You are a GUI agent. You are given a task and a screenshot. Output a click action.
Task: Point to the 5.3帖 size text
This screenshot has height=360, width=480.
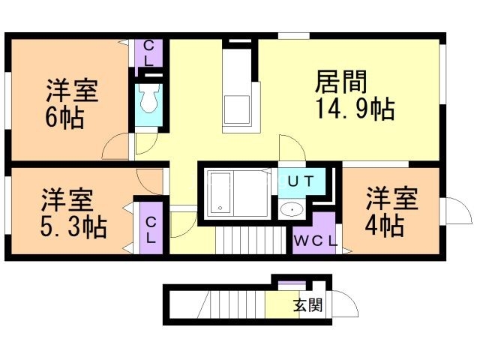[73, 226]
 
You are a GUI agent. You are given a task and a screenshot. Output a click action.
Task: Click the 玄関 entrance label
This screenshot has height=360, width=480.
[307, 305]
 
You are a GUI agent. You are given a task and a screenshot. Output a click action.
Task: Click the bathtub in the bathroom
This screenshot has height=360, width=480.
[222, 193]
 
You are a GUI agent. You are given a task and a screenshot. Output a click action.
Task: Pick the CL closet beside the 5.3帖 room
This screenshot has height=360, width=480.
[150, 229]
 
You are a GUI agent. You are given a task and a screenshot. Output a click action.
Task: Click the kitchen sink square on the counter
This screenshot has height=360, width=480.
[239, 109]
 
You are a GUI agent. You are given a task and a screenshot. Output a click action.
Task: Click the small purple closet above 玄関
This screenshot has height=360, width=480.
[288, 283]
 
